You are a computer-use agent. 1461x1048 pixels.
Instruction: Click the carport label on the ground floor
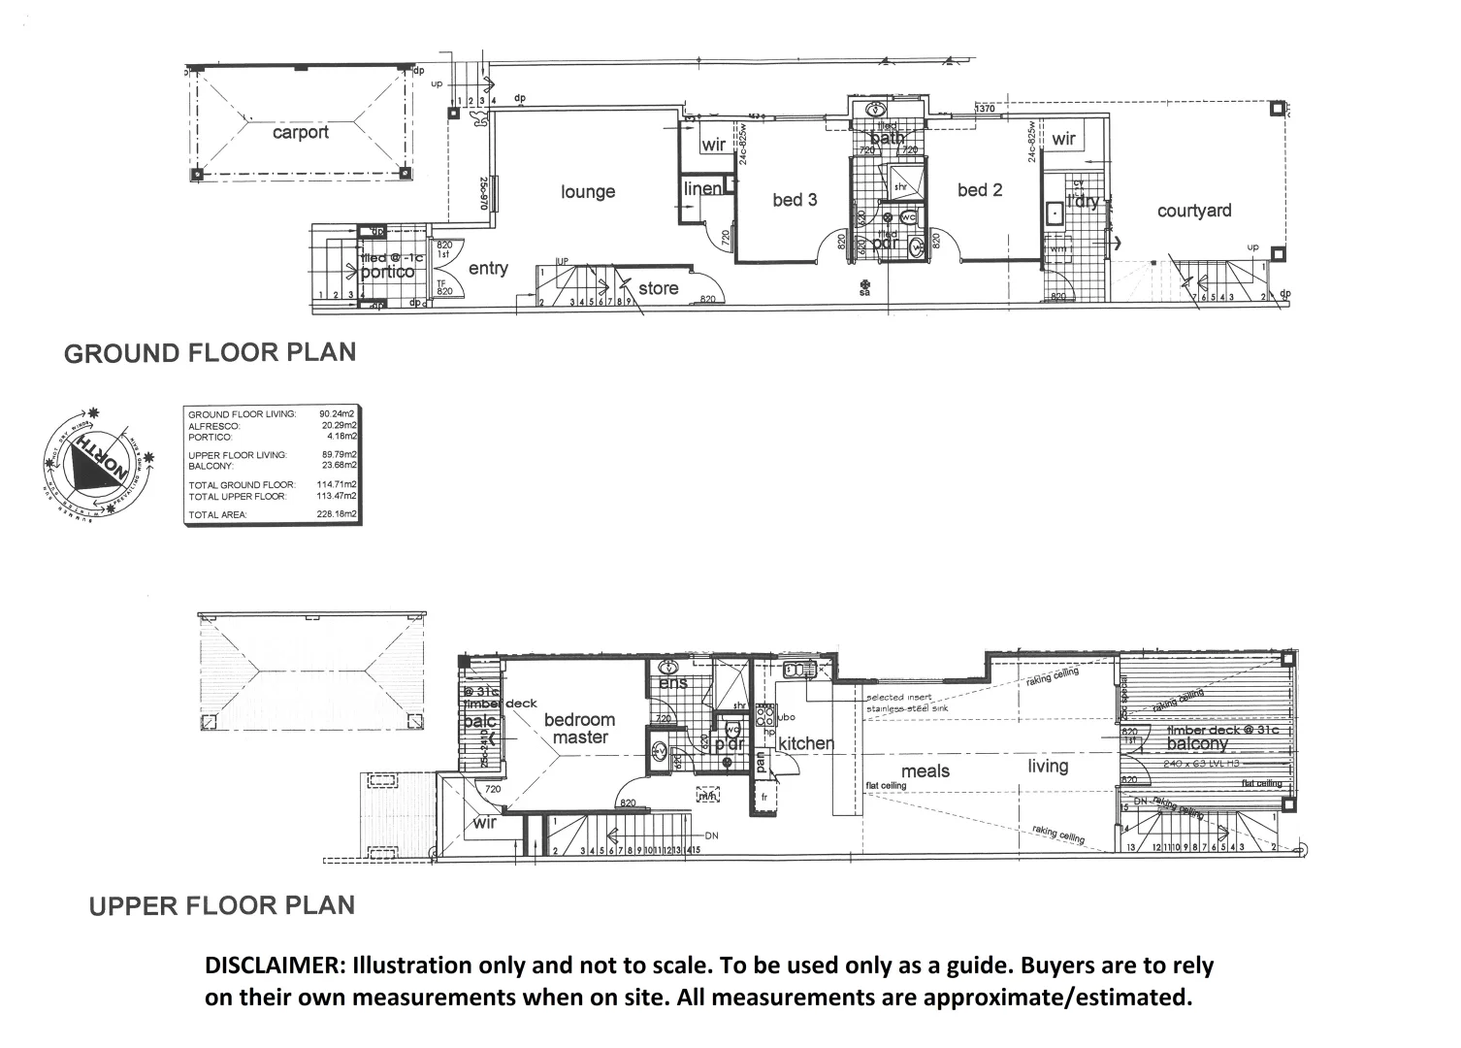[x=300, y=132]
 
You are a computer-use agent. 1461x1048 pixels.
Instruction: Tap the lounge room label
[x=588, y=191]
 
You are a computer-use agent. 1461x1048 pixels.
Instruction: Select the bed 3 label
[x=795, y=199]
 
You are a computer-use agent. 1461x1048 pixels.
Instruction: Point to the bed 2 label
[x=979, y=189]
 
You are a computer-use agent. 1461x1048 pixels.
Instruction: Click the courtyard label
[x=1194, y=211]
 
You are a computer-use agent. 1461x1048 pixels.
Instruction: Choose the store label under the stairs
[x=658, y=288]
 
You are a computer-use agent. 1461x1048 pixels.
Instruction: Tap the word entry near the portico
[x=488, y=268]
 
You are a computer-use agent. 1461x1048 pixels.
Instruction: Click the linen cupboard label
[x=702, y=188]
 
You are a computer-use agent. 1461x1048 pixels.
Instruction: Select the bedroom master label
[x=579, y=728]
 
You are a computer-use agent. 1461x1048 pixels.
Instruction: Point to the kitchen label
[x=805, y=743]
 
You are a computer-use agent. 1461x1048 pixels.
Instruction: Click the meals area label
[x=925, y=770]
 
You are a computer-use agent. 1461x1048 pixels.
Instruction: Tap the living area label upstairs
[x=1048, y=766]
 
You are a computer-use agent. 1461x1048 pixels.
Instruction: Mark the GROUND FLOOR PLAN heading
[x=210, y=352]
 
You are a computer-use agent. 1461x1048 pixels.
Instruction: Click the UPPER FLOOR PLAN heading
[x=222, y=905]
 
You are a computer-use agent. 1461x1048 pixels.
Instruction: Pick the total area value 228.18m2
[x=338, y=514]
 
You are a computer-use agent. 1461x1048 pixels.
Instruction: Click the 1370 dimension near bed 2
[x=986, y=109]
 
